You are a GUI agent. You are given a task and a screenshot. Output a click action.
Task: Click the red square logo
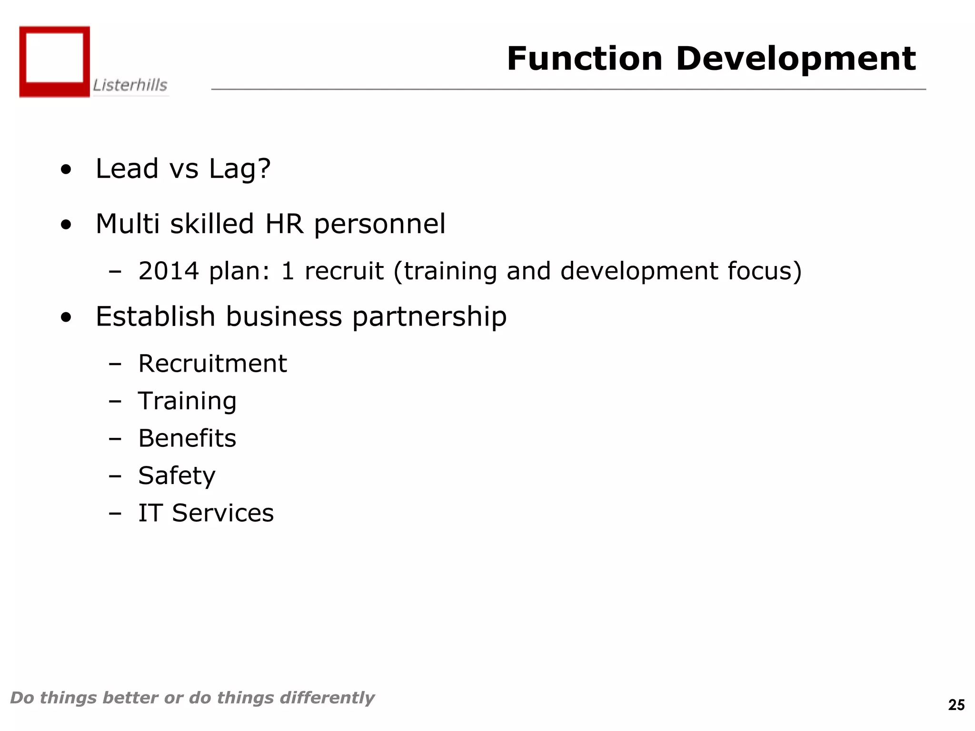(x=54, y=61)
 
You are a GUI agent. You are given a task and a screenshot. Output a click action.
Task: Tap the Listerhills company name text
(x=130, y=85)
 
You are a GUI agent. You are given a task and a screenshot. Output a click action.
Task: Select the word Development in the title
(x=796, y=59)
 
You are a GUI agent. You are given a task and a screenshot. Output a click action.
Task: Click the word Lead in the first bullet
(x=127, y=168)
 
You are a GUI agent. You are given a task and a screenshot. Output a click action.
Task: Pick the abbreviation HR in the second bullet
(x=284, y=224)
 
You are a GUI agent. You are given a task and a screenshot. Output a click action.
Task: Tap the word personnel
(x=380, y=225)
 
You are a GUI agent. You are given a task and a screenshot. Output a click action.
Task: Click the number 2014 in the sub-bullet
(x=169, y=271)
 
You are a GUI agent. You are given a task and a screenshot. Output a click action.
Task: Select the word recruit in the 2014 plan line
(x=344, y=271)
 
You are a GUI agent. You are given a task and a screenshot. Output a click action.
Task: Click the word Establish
(x=155, y=316)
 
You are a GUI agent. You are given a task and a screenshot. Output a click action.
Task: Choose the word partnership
(x=429, y=317)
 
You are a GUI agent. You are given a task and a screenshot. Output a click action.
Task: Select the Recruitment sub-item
(x=212, y=364)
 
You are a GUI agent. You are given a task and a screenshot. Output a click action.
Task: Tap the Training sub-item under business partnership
(x=187, y=401)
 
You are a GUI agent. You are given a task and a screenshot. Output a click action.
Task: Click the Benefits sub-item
(x=187, y=438)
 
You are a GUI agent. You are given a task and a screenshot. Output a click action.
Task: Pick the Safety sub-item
(x=177, y=476)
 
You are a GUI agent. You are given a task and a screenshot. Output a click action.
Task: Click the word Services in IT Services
(x=223, y=513)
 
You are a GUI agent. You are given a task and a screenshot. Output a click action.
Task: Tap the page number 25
(x=956, y=705)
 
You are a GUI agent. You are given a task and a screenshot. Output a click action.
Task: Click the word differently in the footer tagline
(x=327, y=698)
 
